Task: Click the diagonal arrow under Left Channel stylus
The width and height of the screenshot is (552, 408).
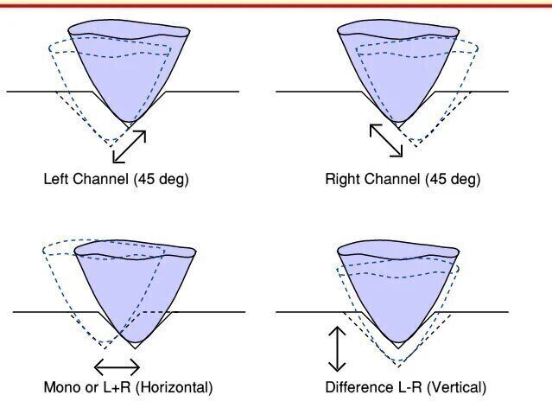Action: [130, 147]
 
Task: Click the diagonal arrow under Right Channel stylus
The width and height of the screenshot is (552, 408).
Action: [386, 140]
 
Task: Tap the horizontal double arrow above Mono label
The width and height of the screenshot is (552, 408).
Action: [117, 366]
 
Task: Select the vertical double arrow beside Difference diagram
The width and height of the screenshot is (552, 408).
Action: [337, 348]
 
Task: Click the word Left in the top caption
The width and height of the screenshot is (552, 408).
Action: [57, 180]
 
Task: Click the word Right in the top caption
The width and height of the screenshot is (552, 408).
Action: [343, 180]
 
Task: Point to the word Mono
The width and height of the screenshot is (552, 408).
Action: [60, 386]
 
